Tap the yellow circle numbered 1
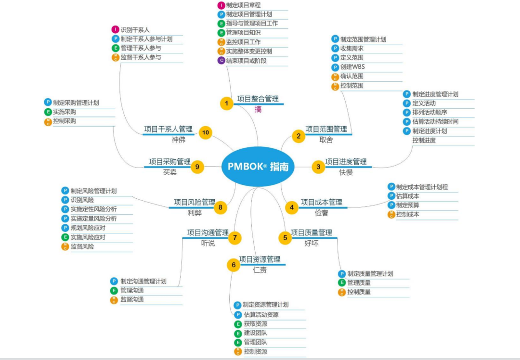tap(226, 103)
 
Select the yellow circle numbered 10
tap(206, 132)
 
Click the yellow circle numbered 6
tap(234, 265)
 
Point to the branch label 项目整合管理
tap(258, 99)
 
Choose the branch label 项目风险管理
tap(194, 202)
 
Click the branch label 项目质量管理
tap(311, 232)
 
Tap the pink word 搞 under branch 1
tap(259, 109)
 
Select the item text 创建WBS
tap(352, 67)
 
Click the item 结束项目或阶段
tap(246, 61)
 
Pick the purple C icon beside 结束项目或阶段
tap(221, 61)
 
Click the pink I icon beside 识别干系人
tap(116, 30)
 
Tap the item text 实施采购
tap(65, 112)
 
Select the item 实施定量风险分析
tap(93, 219)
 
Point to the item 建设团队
tap(255, 333)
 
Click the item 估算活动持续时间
tap(435, 121)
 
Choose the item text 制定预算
tap(407, 205)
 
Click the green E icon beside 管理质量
tap(342, 283)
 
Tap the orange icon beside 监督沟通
tap(114, 299)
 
